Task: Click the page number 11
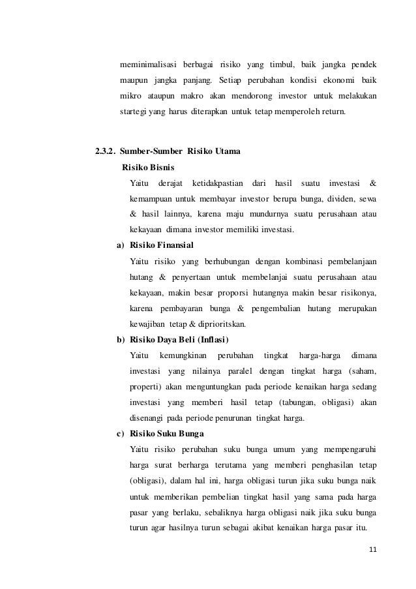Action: point(373,548)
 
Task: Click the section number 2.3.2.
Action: point(106,152)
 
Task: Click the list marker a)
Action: point(121,245)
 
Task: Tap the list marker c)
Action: point(121,434)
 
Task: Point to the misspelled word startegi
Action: point(136,112)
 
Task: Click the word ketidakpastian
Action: point(217,183)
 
